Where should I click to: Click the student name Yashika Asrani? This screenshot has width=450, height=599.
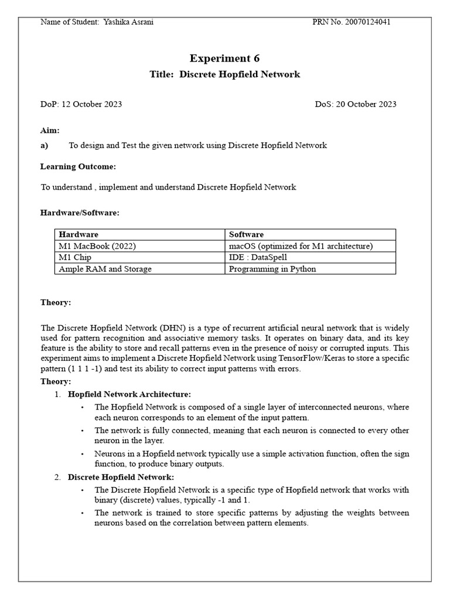128,22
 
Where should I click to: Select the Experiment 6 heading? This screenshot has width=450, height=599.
224,58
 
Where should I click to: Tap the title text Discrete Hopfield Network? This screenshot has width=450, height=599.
240,74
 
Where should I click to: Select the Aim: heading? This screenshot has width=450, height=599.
50,130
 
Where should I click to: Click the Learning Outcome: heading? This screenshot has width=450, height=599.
78,167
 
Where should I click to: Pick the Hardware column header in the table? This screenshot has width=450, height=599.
79,234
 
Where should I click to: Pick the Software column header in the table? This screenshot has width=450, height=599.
246,234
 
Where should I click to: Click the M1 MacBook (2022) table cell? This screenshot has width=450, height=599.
97,246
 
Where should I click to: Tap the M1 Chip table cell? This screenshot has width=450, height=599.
75,257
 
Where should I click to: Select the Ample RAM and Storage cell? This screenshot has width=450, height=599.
105,268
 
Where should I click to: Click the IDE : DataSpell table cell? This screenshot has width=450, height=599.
258,257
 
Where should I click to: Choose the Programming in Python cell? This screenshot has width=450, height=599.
272,268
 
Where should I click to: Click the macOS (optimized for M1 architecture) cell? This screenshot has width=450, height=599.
301,246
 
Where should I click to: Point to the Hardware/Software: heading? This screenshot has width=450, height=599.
80,213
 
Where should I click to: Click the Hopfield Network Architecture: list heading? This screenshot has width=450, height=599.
129,394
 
